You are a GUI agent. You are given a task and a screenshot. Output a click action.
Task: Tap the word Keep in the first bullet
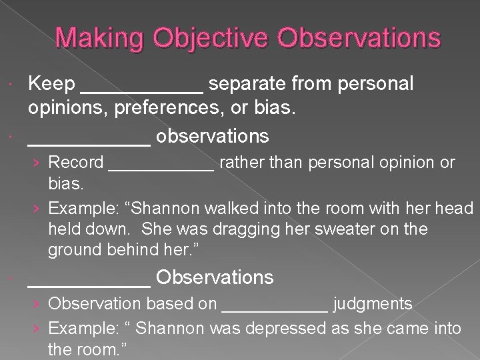51,84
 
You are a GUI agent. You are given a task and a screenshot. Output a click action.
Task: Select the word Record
76,162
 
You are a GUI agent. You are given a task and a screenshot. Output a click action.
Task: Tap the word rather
241,162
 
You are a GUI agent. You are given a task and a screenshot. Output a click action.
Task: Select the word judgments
373,305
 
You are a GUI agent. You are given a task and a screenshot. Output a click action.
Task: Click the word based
157,305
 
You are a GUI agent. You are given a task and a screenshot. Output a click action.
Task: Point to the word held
63,229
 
